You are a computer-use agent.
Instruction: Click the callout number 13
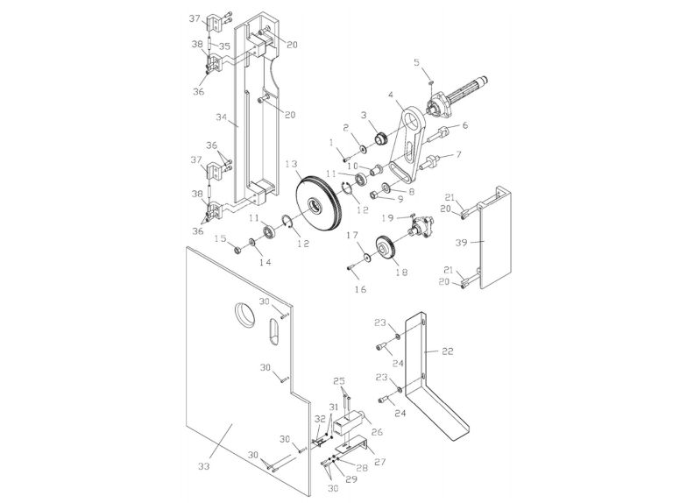click(290, 164)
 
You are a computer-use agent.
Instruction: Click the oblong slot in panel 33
click(273, 335)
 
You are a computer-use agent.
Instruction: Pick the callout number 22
click(448, 351)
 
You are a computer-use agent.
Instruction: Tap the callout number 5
click(416, 61)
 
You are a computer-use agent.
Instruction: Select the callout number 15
click(222, 238)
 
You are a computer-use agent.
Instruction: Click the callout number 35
click(226, 46)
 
